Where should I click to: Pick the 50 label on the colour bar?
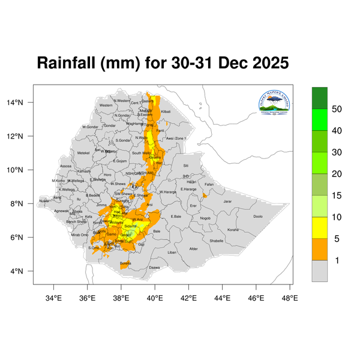point(337,109)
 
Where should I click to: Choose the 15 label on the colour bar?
point(337,196)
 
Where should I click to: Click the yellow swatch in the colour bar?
point(319,227)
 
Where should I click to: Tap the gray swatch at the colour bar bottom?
point(319,271)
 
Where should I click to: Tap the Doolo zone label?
point(258,217)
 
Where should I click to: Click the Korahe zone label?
point(233,230)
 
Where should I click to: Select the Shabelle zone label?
point(217,241)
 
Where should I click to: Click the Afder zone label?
point(193,248)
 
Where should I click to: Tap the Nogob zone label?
point(205,218)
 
